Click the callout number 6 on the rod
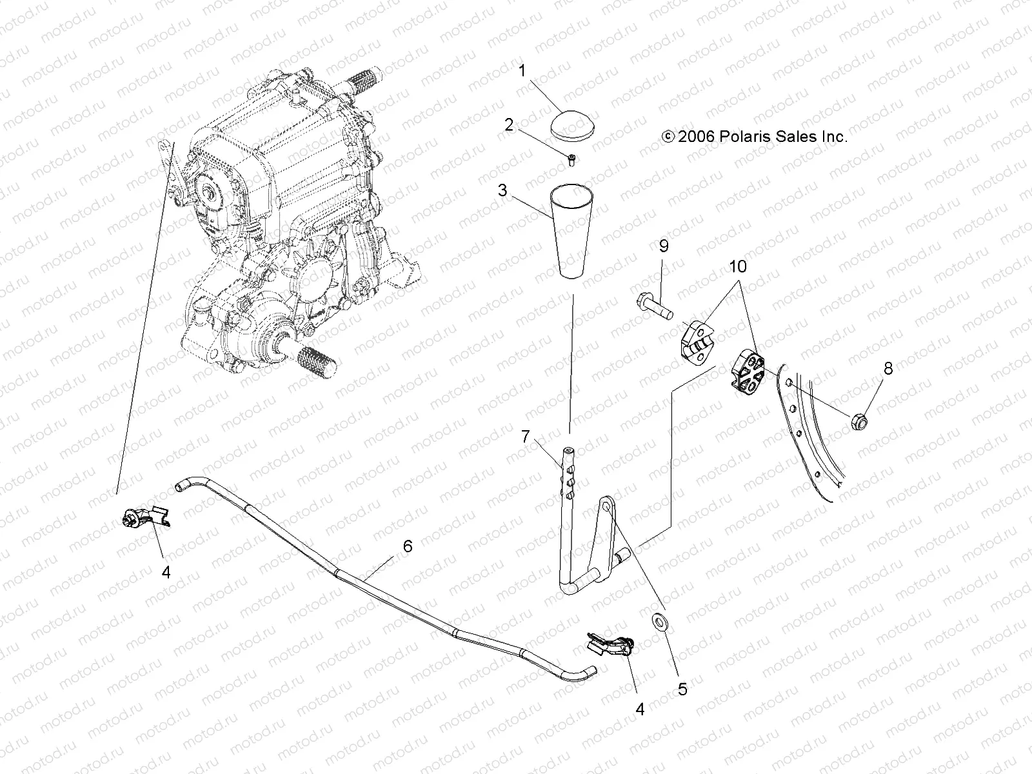coord(407,546)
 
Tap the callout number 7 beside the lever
coord(526,437)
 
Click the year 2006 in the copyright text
coord(693,137)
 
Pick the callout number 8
coord(888,369)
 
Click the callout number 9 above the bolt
coord(663,246)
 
